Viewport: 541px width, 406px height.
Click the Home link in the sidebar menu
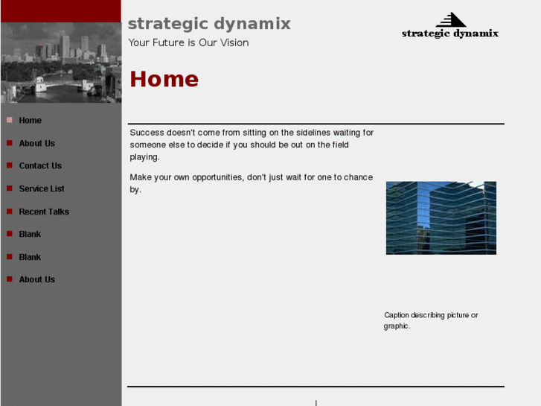click(30, 121)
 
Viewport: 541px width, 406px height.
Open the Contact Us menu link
click(40, 166)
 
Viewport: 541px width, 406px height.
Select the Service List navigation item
click(42, 189)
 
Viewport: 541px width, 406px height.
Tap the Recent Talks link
click(44, 212)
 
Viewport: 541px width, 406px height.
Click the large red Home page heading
click(164, 80)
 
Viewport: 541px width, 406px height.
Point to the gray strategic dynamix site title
click(209, 24)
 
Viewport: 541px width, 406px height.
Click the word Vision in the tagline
click(233, 43)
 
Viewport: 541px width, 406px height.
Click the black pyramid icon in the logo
click(451, 20)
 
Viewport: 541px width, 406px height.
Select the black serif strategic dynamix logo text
click(449, 34)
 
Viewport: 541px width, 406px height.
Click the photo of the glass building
click(441, 218)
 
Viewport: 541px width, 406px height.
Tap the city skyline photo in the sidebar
click(60, 63)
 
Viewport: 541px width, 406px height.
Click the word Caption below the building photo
click(397, 315)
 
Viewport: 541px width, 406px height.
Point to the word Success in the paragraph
click(147, 133)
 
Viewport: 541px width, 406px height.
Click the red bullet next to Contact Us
click(10, 166)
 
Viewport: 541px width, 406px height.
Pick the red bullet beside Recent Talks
click(10, 212)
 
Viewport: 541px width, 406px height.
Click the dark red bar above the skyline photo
click(60, 11)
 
